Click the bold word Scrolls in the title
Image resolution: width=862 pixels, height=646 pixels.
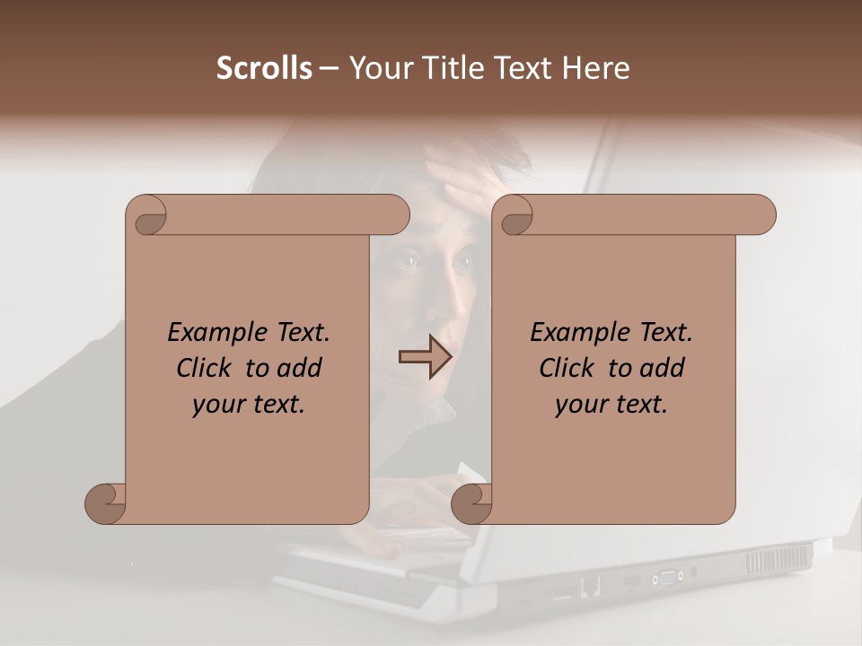point(264,68)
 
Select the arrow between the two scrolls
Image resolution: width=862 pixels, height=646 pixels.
point(425,357)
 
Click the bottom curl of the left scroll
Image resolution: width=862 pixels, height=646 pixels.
point(106,502)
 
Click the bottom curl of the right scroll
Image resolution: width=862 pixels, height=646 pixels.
point(472,502)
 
